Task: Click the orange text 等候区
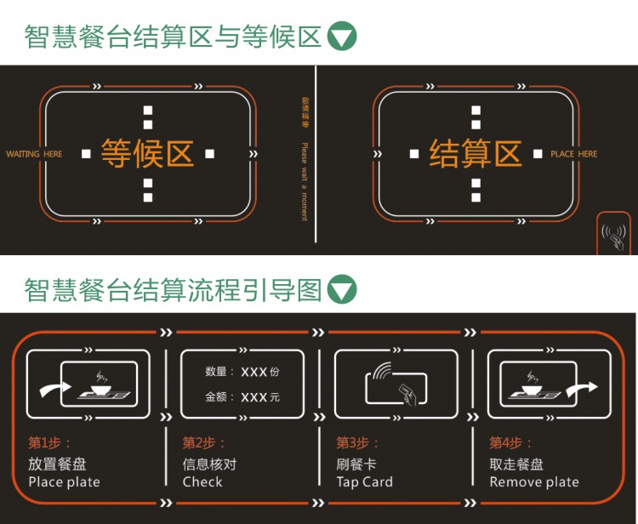147,153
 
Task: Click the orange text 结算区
475,153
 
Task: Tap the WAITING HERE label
34,154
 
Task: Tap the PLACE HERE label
573,154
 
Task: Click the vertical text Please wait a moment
304,180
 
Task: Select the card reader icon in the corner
613,234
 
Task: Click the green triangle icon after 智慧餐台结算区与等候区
342,37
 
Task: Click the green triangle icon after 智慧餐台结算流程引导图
342,289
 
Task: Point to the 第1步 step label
49,442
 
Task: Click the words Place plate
64,482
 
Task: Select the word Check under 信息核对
202,482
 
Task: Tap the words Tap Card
364,482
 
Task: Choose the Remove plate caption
533,482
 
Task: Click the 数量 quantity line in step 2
242,373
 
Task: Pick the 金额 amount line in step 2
242,397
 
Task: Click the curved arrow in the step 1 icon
54,390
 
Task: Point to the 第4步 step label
510,442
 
